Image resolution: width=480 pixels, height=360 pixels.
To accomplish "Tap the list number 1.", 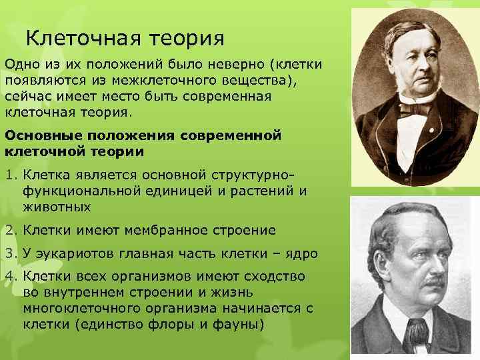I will [x=10, y=176].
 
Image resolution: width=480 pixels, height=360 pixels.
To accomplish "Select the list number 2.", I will [x=10, y=231].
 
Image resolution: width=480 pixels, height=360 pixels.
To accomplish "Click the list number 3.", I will [x=10, y=253].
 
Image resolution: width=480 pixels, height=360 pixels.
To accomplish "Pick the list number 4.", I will [x=10, y=276].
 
